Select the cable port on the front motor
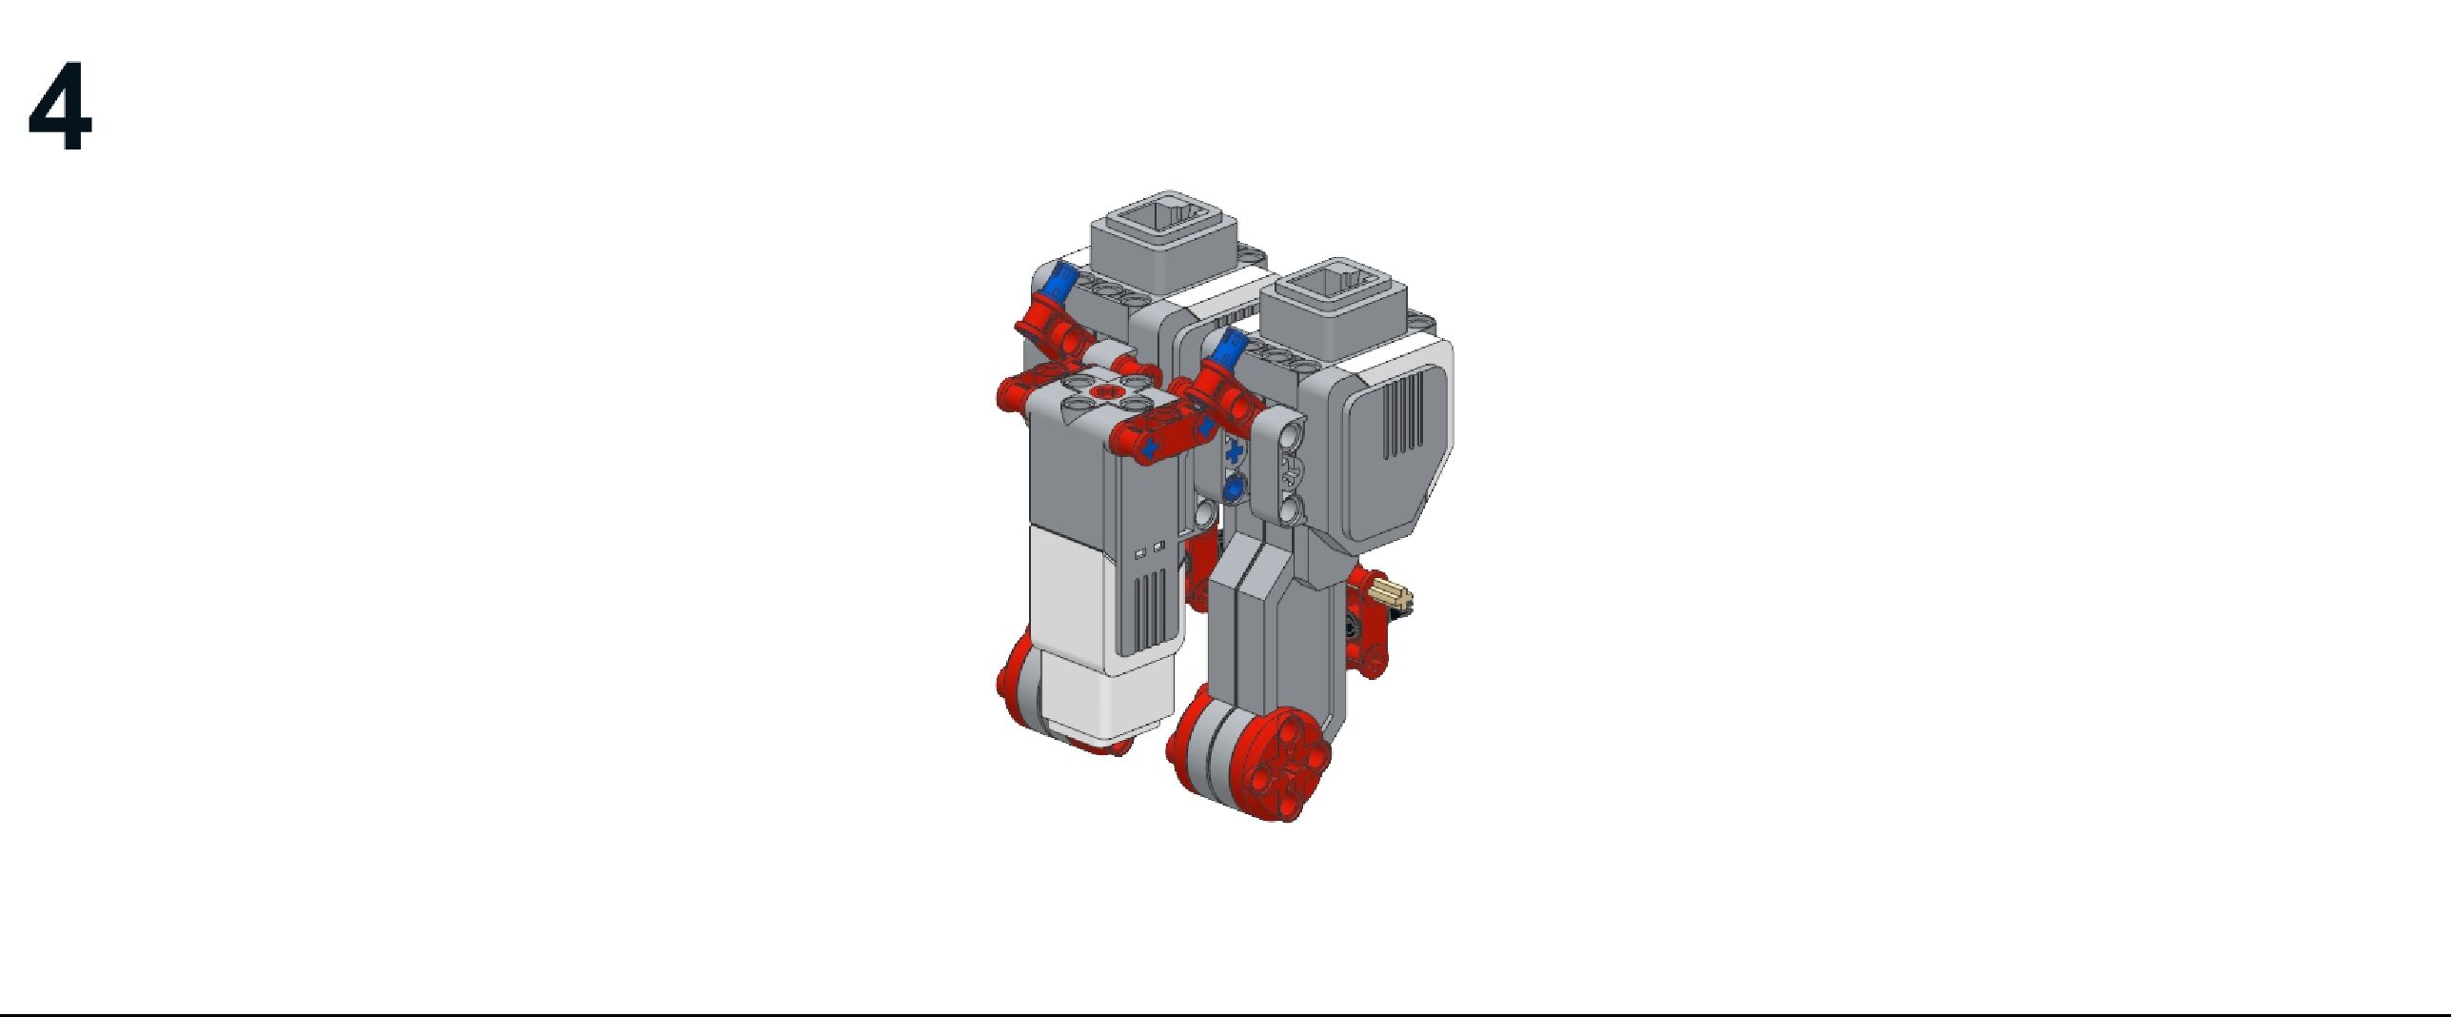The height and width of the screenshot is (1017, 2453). [x=1334, y=293]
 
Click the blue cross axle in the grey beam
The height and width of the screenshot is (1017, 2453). [x=1236, y=451]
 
